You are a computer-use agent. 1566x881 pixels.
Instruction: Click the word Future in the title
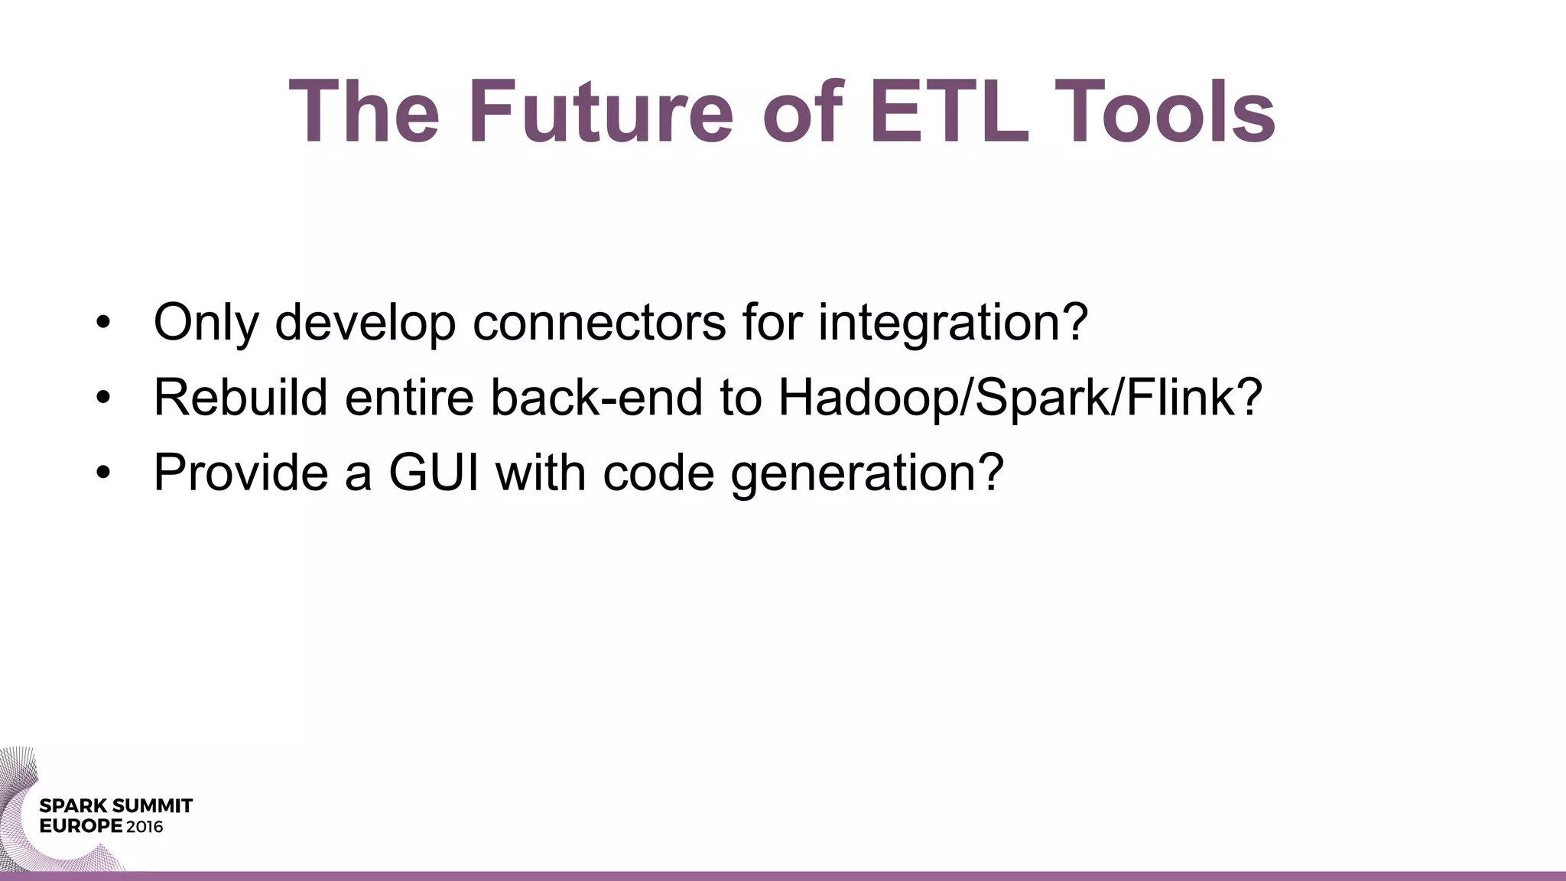[x=601, y=112]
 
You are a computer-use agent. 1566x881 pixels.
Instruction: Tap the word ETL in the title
[x=949, y=112]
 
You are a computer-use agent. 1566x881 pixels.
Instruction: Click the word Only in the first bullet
[x=205, y=323]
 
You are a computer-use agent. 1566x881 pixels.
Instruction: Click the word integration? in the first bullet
[x=952, y=323]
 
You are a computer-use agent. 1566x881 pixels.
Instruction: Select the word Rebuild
[x=240, y=398]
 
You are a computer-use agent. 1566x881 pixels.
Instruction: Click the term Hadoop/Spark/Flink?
[x=1019, y=398]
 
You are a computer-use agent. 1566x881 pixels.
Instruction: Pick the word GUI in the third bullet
[x=434, y=473]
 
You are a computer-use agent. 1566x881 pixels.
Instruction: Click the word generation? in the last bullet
[x=866, y=473]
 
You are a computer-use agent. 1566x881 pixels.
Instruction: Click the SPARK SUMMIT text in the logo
[x=115, y=806]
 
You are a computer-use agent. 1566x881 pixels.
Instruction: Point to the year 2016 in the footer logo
[x=145, y=827]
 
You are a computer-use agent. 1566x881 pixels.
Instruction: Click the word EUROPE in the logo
[x=80, y=827]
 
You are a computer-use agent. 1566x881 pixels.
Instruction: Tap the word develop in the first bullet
[x=365, y=323]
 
